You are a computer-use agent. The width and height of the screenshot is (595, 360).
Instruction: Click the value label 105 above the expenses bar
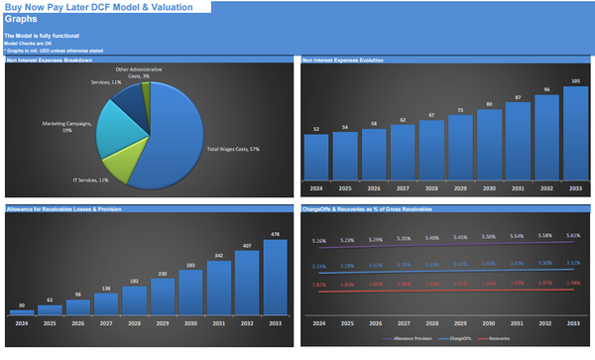tap(574, 80)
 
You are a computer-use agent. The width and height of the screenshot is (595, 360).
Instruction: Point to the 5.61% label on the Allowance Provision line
tap(574, 235)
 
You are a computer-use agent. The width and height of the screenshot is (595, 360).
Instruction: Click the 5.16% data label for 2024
tap(318, 241)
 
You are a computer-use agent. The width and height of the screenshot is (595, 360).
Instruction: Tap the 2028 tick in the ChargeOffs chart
tap(432, 324)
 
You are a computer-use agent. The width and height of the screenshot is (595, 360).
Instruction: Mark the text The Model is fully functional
tap(39, 36)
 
